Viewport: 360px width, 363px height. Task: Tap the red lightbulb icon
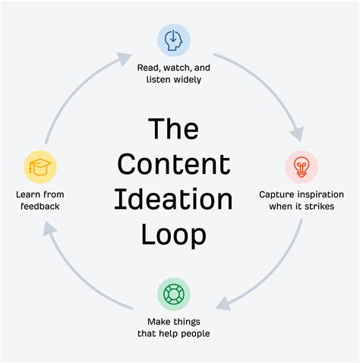(x=302, y=166)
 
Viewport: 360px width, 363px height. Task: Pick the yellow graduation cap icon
(x=39, y=166)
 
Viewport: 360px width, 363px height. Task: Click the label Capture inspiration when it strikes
(x=302, y=200)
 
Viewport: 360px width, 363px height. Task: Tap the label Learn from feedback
(x=39, y=200)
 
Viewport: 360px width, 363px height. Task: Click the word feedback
(x=39, y=206)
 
